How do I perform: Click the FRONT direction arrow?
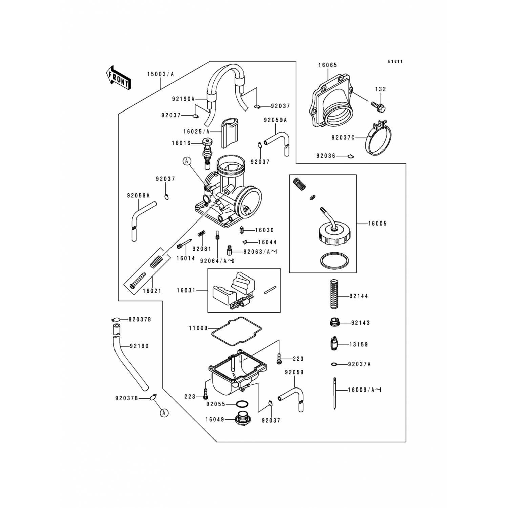118,77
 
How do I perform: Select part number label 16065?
327,65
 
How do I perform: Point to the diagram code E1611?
395,62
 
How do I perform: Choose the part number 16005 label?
377,224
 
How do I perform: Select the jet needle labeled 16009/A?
335,394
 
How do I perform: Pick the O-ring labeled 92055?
242,404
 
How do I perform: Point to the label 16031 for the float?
186,290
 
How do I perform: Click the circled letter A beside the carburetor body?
186,161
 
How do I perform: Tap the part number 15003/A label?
160,74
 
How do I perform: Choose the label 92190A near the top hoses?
183,99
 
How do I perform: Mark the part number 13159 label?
359,344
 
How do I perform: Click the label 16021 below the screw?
152,291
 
